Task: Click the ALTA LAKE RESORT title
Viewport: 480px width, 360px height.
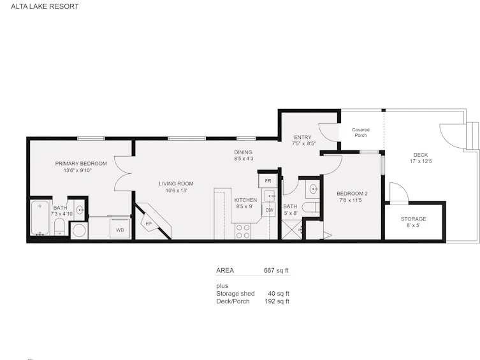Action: click(x=45, y=6)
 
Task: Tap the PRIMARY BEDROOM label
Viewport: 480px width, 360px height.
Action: click(x=81, y=164)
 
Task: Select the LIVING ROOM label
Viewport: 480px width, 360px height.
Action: click(x=176, y=184)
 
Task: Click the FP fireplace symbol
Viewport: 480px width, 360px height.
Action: click(x=149, y=224)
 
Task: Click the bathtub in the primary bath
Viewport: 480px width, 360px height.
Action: click(x=40, y=218)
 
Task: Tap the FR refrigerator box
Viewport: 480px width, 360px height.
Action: click(x=268, y=181)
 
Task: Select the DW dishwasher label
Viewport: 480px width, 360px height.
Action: click(x=270, y=210)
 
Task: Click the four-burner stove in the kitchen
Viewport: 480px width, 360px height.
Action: click(x=243, y=231)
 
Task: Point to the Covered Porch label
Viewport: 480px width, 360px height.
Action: click(x=361, y=133)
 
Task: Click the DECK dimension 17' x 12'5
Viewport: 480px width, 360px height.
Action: click(x=421, y=161)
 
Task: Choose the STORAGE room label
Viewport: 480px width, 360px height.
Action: click(x=413, y=219)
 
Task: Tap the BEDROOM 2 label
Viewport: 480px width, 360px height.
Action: click(x=352, y=194)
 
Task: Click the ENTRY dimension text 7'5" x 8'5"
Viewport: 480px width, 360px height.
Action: click(x=303, y=143)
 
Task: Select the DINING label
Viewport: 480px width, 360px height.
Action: click(x=243, y=152)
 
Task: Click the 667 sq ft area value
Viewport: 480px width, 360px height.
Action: click(x=276, y=270)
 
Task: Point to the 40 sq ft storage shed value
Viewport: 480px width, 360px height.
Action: click(x=279, y=294)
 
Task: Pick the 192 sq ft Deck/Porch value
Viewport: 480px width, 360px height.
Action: click(x=277, y=301)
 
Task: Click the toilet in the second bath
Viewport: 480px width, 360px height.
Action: click(x=310, y=207)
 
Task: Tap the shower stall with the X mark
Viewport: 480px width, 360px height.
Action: click(x=291, y=230)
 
